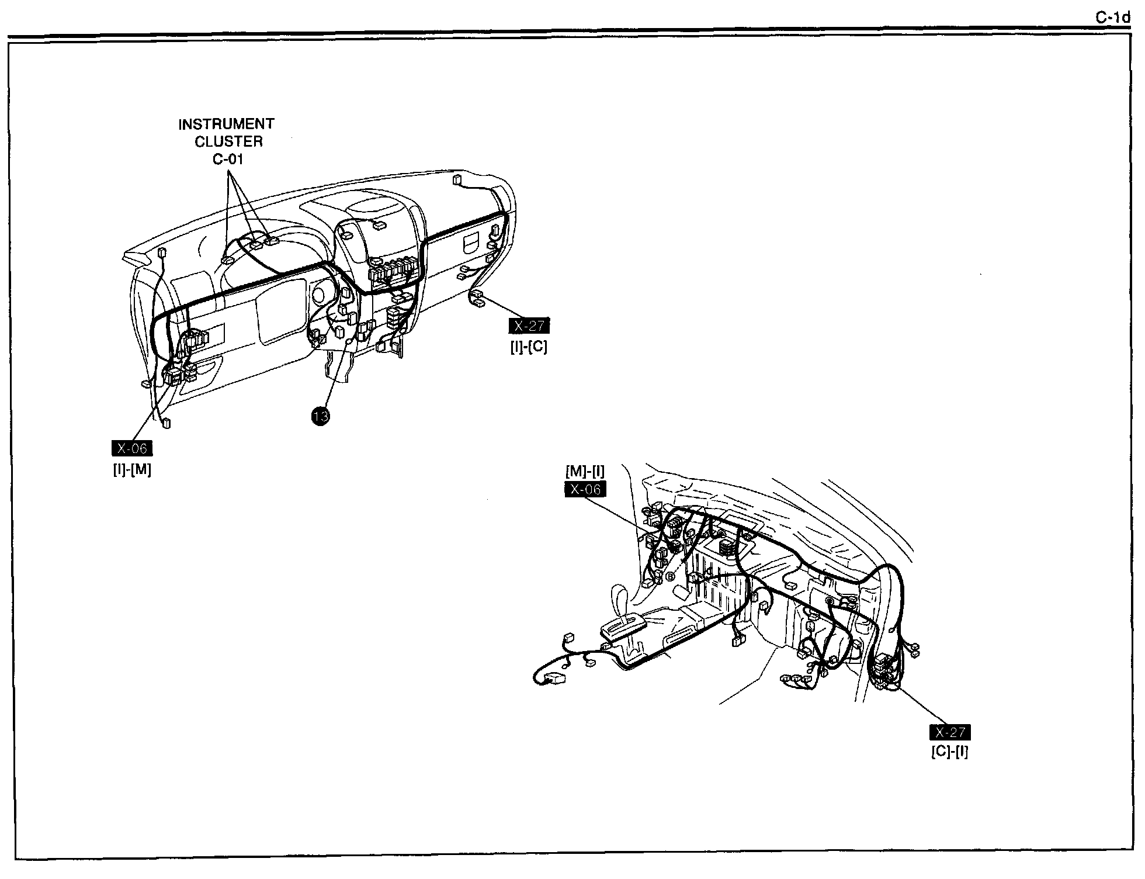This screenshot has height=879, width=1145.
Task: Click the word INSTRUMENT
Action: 226,124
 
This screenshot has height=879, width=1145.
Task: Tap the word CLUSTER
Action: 228,141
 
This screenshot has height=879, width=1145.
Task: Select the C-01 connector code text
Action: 228,159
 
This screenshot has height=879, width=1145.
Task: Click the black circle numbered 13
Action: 320,416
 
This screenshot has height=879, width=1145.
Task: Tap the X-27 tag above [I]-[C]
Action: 529,326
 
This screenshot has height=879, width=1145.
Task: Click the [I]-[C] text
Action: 529,347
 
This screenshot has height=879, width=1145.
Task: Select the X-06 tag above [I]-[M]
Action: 132,449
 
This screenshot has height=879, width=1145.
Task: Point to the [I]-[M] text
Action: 132,469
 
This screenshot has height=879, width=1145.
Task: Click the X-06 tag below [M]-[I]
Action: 585,490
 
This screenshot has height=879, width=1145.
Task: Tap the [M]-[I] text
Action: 585,471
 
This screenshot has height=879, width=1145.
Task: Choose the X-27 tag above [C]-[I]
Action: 950,733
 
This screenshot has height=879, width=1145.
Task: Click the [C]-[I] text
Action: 950,752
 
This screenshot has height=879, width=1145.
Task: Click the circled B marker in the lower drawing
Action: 670,577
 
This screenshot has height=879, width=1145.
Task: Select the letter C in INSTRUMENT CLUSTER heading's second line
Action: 199,141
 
